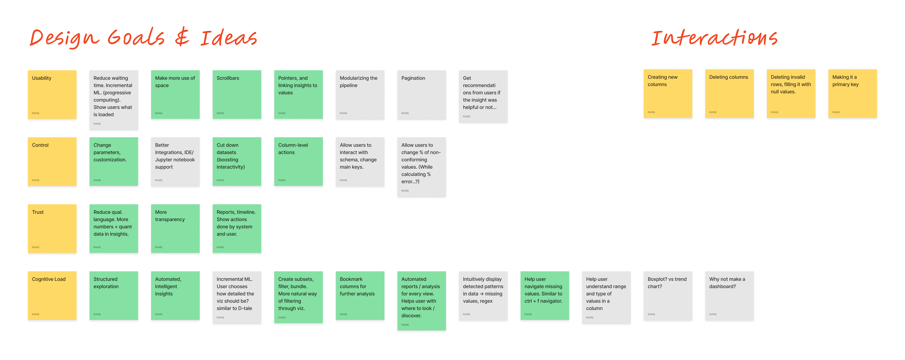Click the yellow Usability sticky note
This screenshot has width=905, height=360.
[52, 94]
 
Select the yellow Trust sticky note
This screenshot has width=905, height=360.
[52, 228]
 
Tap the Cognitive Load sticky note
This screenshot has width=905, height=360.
[52, 295]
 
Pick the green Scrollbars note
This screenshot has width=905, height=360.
[237, 94]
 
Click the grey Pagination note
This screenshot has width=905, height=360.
[422, 94]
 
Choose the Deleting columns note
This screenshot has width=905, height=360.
[729, 93]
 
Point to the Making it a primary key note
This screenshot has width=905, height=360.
[853, 93]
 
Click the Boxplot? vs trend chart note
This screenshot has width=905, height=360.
[668, 295]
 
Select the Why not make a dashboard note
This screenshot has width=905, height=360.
[729, 295]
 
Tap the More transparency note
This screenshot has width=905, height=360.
[175, 228]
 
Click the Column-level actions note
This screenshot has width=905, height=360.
[298, 161]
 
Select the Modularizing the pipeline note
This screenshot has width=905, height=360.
[360, 94]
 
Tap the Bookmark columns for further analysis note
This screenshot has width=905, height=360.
[360, 295]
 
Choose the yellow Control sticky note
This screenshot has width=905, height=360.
[52, 161]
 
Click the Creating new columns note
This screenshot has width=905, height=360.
[668, 93]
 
